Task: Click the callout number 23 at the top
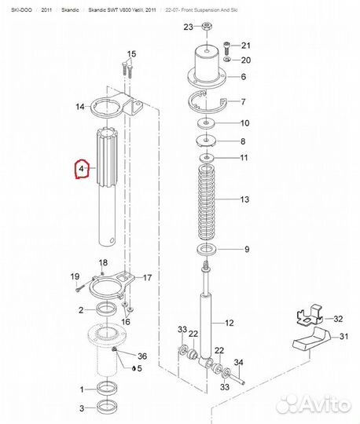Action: coord(187,27)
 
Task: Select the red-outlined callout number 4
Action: coord(80,169)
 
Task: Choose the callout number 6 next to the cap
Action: coord(243,77)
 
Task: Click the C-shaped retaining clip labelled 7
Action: coord(208,104)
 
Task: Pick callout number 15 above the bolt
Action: coord(130,53)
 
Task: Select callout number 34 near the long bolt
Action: coord(240,362)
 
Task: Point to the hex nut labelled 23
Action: coord(206,28)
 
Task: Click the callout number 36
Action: coord(142,356)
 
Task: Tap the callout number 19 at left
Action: coord(75,276)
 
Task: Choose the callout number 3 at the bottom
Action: coord(81,408)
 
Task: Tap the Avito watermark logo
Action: coord(314,404)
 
